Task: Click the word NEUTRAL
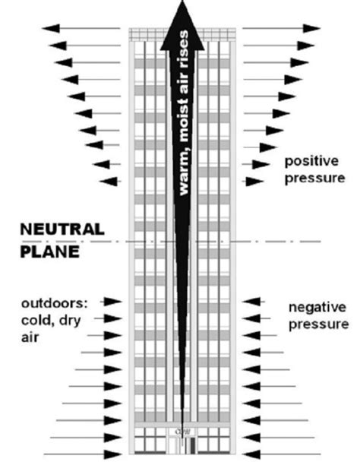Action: click(x=52, y=228)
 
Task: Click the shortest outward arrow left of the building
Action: click(x=109, y=181)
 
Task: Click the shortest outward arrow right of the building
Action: click(x=254, y=181)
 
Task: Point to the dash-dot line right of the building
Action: click(x=281, y=242)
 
